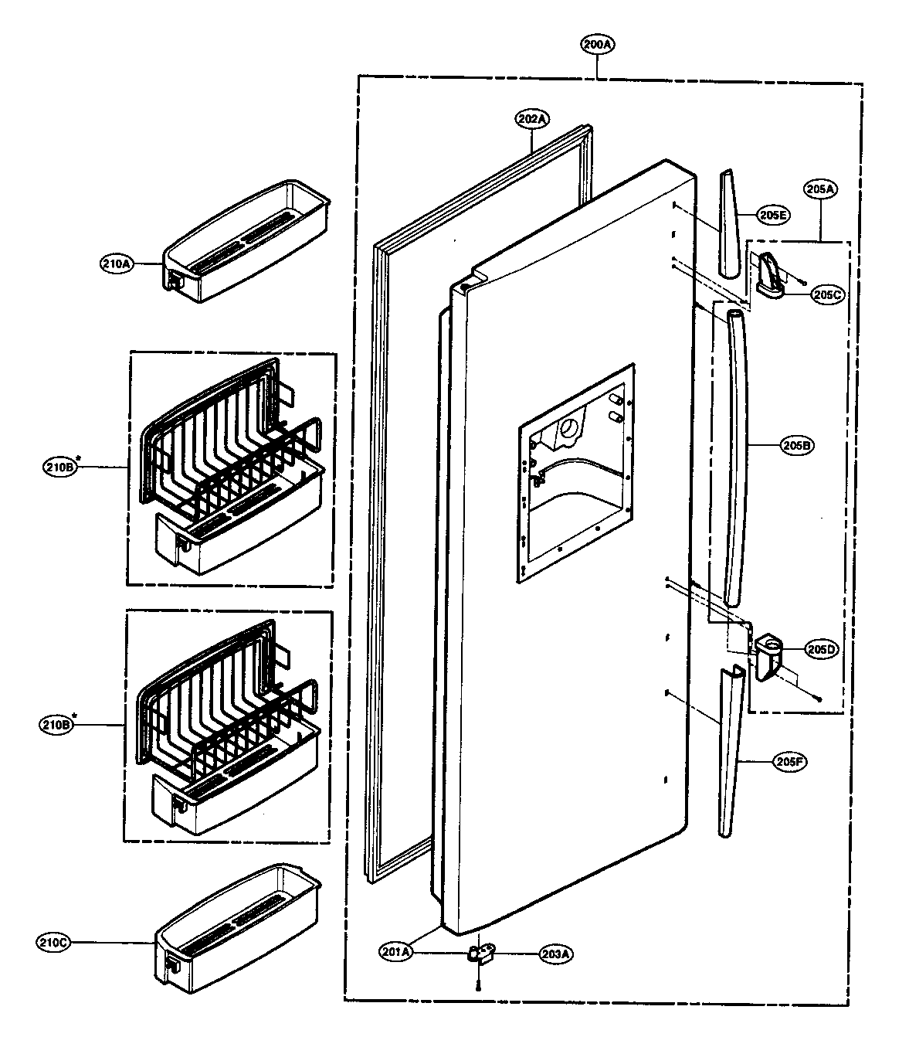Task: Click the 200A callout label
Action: click(598, 45)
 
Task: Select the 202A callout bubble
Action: click(532, 119)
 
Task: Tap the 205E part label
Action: click(772, 216)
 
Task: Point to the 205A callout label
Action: click(820, 189)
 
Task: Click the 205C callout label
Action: click(827, 294)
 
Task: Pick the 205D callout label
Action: click(821, 649)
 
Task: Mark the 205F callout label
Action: click(790, 761)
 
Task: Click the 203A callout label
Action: click(555, 954)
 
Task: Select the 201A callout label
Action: click(396, 952)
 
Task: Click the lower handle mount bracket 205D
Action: click(769, 654)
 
